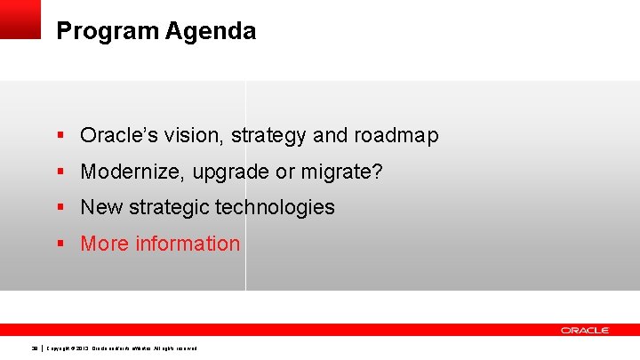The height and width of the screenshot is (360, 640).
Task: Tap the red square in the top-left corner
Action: pyautogui.click(x=20, y=19)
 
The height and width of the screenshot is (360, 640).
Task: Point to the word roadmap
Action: pyautogui.click(x=396, y=136)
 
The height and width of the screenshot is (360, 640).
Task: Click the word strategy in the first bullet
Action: pyautogui.click(x=269, y=136)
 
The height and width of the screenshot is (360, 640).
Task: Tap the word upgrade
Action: pyautogui.click(x=228, y=172)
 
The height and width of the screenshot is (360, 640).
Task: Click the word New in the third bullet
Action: pyautogui.click(x=101, y=207)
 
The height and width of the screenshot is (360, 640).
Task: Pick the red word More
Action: pyautogui.click(x=104, y=244)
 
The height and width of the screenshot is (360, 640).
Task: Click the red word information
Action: pyautogui.click(x=188, y=244)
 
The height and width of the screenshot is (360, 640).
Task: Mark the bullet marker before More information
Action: pyautogui.click(x=60, y=244)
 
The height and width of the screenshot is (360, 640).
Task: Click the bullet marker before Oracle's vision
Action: pyautogui.click(x=60, y=136)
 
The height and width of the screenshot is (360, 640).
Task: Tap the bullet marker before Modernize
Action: pyautogui.click(x=60, y=172)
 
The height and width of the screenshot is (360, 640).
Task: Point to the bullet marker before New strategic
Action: pyautogui.click(x=60, y=207)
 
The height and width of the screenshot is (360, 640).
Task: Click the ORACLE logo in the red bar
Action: pyautogui.click(x=585, y=330)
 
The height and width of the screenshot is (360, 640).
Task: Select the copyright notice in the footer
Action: pyautogui.click(x=122, y=348)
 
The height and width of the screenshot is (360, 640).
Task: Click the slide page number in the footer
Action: pyautogui.click(x=35, y=348)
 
